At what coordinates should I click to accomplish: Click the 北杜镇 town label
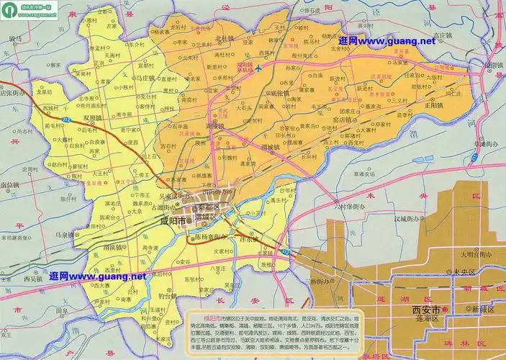coord(225,39)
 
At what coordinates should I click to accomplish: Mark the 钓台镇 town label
coord(167,296)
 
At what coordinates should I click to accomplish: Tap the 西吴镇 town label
coord(33,277)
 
